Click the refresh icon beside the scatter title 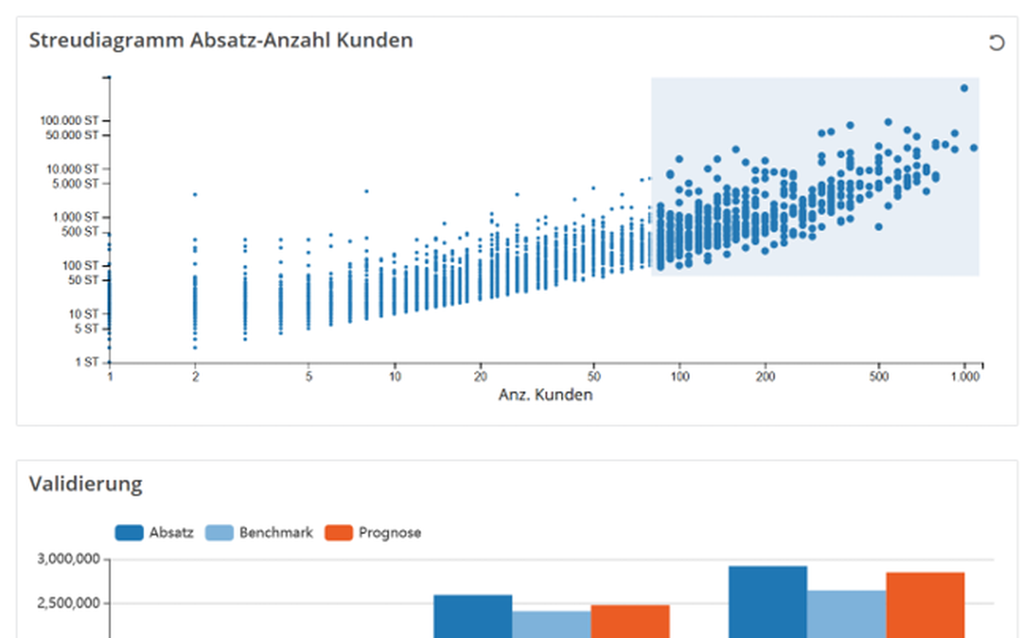(x=996, y=43)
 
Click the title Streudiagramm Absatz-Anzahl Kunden (x=221, y=40)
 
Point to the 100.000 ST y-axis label (x=69, y=120)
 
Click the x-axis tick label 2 (x=195, y=376)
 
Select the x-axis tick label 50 (x=595, y=376)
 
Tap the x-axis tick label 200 (x=766, y=376)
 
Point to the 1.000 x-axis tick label (x=964, y=376)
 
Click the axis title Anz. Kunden (x=545, y=395)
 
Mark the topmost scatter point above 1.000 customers (x=964, y=88)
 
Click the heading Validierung (x=85, y=485)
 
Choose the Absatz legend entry (x=154, y=532)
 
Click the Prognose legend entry (x=374, y=532)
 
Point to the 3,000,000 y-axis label (x=69, y=560)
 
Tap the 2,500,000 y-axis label (x=69, y=604)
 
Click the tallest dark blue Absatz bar (x=767, y=601)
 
